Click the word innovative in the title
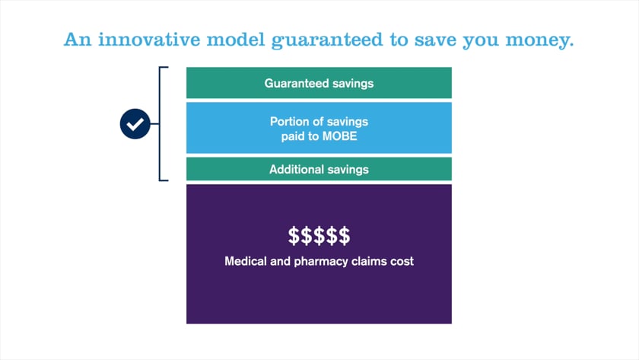[149, 40]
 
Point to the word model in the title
[236, 40]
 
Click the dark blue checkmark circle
[135, 124]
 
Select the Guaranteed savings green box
[319, 83]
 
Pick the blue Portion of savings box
[319, 128]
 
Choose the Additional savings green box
[319, 169]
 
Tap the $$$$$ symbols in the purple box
[319, 236]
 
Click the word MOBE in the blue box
[339, 136]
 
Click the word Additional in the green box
[294, 169]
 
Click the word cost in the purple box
[402, 261]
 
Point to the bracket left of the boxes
[160, 123]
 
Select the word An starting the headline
[78, 40]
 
